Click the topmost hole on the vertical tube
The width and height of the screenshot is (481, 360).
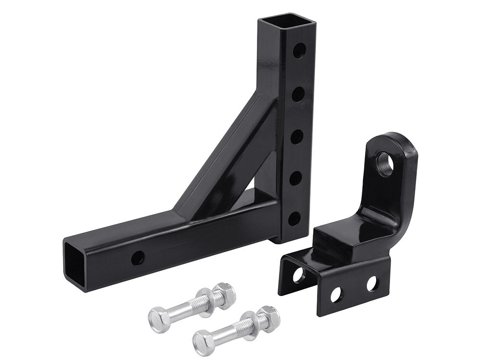tap(299, 50)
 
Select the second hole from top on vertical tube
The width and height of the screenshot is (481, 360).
tap(298, 94)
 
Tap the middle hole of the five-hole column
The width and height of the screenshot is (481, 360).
tap(297, 137)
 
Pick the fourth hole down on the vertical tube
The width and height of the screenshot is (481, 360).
tap(295, 178)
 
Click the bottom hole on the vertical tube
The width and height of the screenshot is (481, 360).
tap(294, 219)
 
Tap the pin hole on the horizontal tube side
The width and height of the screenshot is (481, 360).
tap(138, 258)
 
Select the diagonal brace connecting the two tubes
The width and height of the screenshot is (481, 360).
tap(226, 154)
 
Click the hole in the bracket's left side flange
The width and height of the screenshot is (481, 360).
tap(298, 275)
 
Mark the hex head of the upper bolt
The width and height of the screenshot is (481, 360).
tap(158, 318)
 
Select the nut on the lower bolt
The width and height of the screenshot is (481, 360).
tap(268, 317)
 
